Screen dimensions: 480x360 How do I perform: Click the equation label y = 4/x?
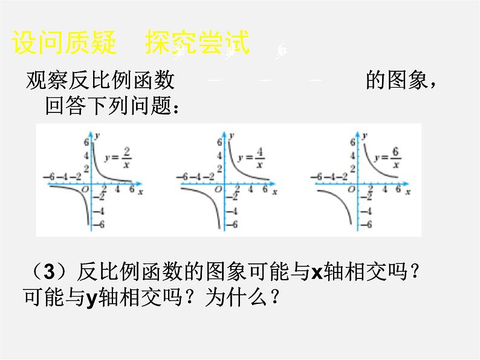click(x=251, y=158)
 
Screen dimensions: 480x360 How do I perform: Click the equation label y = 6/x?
click(x=388, y=158)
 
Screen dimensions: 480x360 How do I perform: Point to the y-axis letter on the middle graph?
click(x=235, y=132)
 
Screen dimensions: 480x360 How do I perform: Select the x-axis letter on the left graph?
click(x=140, y=191)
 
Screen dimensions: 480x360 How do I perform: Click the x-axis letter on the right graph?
click(x=409, y=191)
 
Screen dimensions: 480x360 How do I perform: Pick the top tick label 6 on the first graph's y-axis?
click(x=86, y=141)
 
